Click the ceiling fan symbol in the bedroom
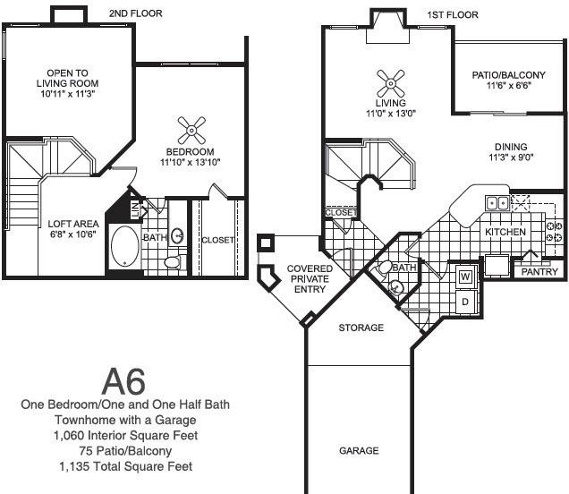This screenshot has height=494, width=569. coord(191,130)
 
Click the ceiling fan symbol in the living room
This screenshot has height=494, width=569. coord(390,84)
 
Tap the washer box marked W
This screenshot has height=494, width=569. coord(465,277)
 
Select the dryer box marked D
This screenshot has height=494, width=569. coord(465,302)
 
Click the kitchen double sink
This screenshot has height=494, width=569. coord(497,203)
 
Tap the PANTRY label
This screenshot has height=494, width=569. coord(539,272)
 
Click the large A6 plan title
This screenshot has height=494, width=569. coord(123,381)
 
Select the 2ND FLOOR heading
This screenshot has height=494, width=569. coord(136,13)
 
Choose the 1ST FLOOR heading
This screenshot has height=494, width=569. coord(453,15)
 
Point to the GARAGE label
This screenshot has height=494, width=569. coord(359,451)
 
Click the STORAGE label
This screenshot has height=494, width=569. coord(361,328)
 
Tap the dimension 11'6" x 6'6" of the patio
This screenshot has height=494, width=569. coord(509,86)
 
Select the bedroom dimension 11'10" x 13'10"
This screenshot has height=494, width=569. coord(191,162)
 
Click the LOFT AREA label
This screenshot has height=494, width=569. coord(73,224)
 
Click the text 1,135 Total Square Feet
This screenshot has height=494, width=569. coord(125,466)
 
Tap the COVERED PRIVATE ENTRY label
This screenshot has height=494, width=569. coord(310,278)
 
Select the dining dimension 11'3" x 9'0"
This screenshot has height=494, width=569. coord(511,158)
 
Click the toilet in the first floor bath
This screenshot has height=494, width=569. coord(384,268)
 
